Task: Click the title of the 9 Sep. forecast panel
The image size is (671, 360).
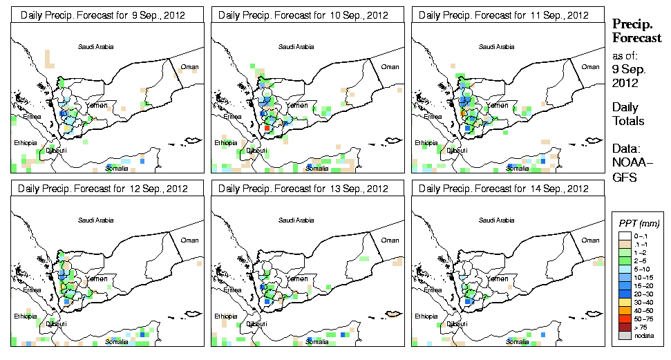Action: [x=102, y=15]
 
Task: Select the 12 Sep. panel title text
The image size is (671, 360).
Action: [x=103, y=189]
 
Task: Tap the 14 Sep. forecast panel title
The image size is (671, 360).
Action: [x=503, y=189]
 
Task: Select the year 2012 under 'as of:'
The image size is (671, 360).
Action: [x=625, y=83]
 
